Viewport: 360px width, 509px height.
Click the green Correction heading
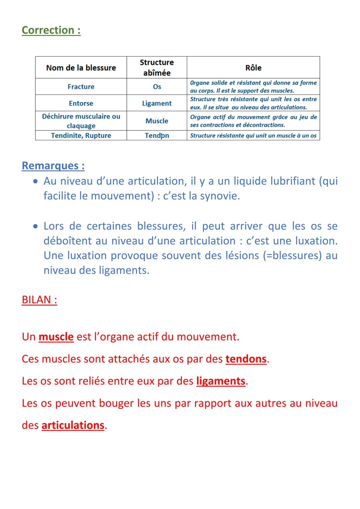(51, 30)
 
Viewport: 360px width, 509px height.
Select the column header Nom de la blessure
(81, 68)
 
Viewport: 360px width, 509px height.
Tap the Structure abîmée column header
(157, 67)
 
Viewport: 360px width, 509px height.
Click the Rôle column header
(253, 68)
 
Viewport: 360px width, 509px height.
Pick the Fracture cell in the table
(81, 87)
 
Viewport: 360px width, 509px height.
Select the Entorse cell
(81, 103)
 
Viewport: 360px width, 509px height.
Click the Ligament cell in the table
(157, 103)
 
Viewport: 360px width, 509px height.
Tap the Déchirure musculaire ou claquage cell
(81, 121)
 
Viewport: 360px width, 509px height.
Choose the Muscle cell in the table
(157, 121)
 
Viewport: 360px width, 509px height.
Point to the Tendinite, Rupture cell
(81, 135)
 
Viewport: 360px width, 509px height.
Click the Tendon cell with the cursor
(157, 135)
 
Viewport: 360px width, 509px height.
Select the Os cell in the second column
(157, 87)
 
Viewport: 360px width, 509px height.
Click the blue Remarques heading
(53, 166)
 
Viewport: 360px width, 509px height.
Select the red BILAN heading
(39, 300)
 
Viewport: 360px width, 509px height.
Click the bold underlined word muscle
(56, 337)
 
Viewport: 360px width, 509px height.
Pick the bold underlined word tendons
(246, 359)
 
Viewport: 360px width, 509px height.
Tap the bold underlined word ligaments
(221, 381)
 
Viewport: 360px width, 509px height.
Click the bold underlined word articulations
(73, 425)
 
